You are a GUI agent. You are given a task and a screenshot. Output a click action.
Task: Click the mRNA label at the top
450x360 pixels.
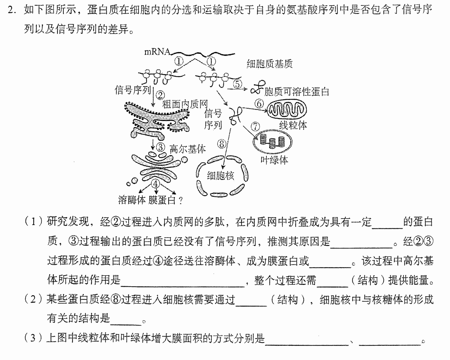coord(157,52)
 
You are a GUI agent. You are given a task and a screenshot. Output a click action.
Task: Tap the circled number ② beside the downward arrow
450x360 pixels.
coord(161,95)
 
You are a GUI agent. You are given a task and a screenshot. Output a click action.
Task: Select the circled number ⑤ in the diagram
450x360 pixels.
coord(237,84)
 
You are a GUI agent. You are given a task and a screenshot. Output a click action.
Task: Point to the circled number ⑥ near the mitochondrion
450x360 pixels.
coord(259,104)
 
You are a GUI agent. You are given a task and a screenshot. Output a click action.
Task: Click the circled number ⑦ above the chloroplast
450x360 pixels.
coord(255,126)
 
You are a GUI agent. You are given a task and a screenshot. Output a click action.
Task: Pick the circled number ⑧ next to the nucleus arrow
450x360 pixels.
coord(222,144)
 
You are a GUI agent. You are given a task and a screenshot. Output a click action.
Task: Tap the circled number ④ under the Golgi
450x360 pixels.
coord(155,184)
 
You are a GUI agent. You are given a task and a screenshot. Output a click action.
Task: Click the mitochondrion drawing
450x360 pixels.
coord(287,110)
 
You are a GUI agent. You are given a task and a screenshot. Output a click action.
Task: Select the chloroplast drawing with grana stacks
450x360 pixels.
coord(273,142)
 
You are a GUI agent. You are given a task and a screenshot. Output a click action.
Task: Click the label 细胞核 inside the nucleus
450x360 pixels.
coord(220,176)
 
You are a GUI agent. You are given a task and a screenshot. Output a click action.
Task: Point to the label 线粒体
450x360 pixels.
coord(293,125)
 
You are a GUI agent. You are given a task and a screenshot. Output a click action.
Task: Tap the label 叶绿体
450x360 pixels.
coord(274,160)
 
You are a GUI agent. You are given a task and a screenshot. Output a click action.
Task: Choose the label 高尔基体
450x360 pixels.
coord(188,149)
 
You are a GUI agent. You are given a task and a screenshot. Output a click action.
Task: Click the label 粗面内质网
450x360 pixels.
coord(185,104)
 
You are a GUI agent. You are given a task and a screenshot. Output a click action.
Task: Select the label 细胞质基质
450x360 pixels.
coord(270,64)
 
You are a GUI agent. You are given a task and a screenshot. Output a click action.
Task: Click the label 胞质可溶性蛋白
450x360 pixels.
coord(296,92)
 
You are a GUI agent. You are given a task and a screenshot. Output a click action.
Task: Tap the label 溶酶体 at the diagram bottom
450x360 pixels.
coord(132,200)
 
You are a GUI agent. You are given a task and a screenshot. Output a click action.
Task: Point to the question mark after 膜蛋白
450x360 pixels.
coord(181,201)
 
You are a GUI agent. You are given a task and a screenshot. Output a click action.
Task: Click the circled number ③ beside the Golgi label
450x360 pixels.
coord(161,147)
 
